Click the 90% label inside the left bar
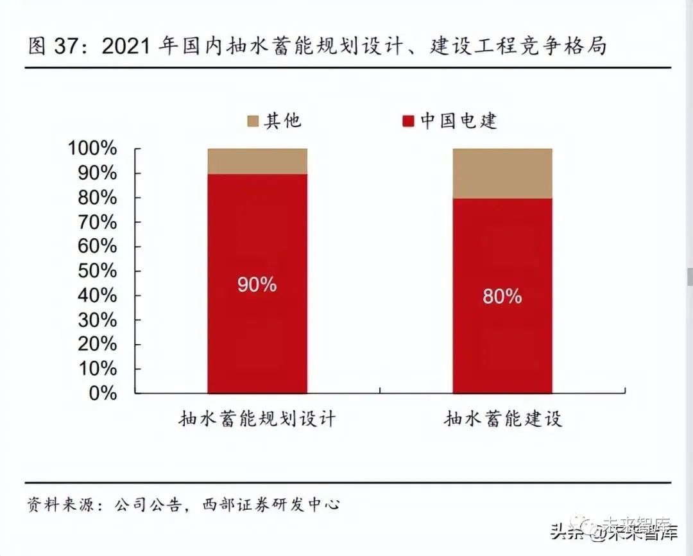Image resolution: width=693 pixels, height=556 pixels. click(x=257, y=284)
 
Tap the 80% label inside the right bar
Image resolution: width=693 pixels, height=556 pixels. click(x=502, y=296)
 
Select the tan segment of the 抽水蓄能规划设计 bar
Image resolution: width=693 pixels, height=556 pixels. click(x=257, y=161)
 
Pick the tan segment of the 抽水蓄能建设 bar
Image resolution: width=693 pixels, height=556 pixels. click(x=502, y=173)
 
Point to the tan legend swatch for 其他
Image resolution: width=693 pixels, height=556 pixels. click(x=252, y=121)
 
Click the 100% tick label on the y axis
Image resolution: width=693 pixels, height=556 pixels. click(x=92, y=149)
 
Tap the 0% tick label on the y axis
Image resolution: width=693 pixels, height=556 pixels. click(x=103, y=393)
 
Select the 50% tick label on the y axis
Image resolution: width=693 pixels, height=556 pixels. click(x=98, y=271)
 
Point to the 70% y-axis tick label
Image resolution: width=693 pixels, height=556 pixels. click(x=98, y=222)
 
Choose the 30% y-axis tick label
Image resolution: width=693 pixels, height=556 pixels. click(x=98, y=320)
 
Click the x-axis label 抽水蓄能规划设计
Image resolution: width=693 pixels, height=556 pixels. click(x=257, y=420)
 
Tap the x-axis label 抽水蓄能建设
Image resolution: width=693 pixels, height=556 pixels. click(x=502, y=420)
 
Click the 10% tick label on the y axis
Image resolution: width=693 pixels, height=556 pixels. click(x=98, y=369)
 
